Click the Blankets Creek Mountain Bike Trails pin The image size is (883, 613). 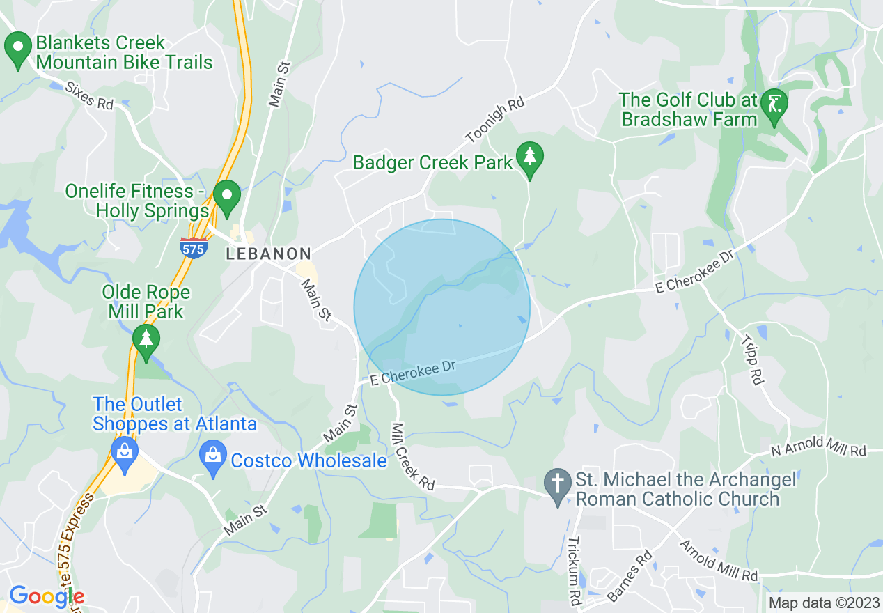click(x=18, y=49)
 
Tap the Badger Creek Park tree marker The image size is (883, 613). click(x=530, y=157)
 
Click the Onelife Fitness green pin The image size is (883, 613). click(x=227, y=196)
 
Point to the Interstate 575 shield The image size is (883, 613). click(x=193, y=247)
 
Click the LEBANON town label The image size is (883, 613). click(x=268, y=254)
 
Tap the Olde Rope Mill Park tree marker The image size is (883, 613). click(x=146, y=340)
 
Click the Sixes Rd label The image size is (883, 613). click(x=89, y=96)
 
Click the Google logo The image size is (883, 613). click(x=46, y=596)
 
